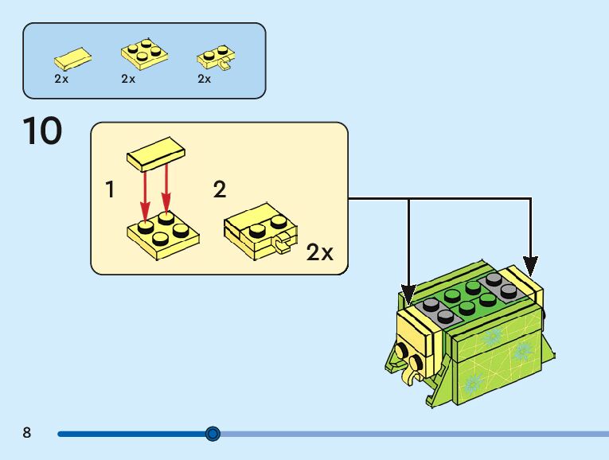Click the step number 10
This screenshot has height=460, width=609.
pyautogui.click(x=42, y=131)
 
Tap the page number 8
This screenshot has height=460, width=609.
pyautogui.click(x=27, y=434)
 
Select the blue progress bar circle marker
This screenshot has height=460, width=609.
pyautogui.click(x=213, y=434)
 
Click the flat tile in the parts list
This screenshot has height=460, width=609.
pyautogui.click(x=72, y=58)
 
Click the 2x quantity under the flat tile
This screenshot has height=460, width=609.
pyautogui.click(x=61, y=79)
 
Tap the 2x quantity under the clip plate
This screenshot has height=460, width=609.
pyautogui.click(x=205, y=79)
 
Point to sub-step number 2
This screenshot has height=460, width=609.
pyautogui.click(x=220, y=190)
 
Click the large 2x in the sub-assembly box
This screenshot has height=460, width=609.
pyautogui.click(x=320, y=253)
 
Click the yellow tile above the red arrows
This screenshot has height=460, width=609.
pyautogui.click(x=156, y=153)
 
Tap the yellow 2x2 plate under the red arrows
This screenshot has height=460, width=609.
pyautogui.click(x=164, y=232)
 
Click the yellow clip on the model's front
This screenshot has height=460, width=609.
pyautogui.click(x=415, y=366)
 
